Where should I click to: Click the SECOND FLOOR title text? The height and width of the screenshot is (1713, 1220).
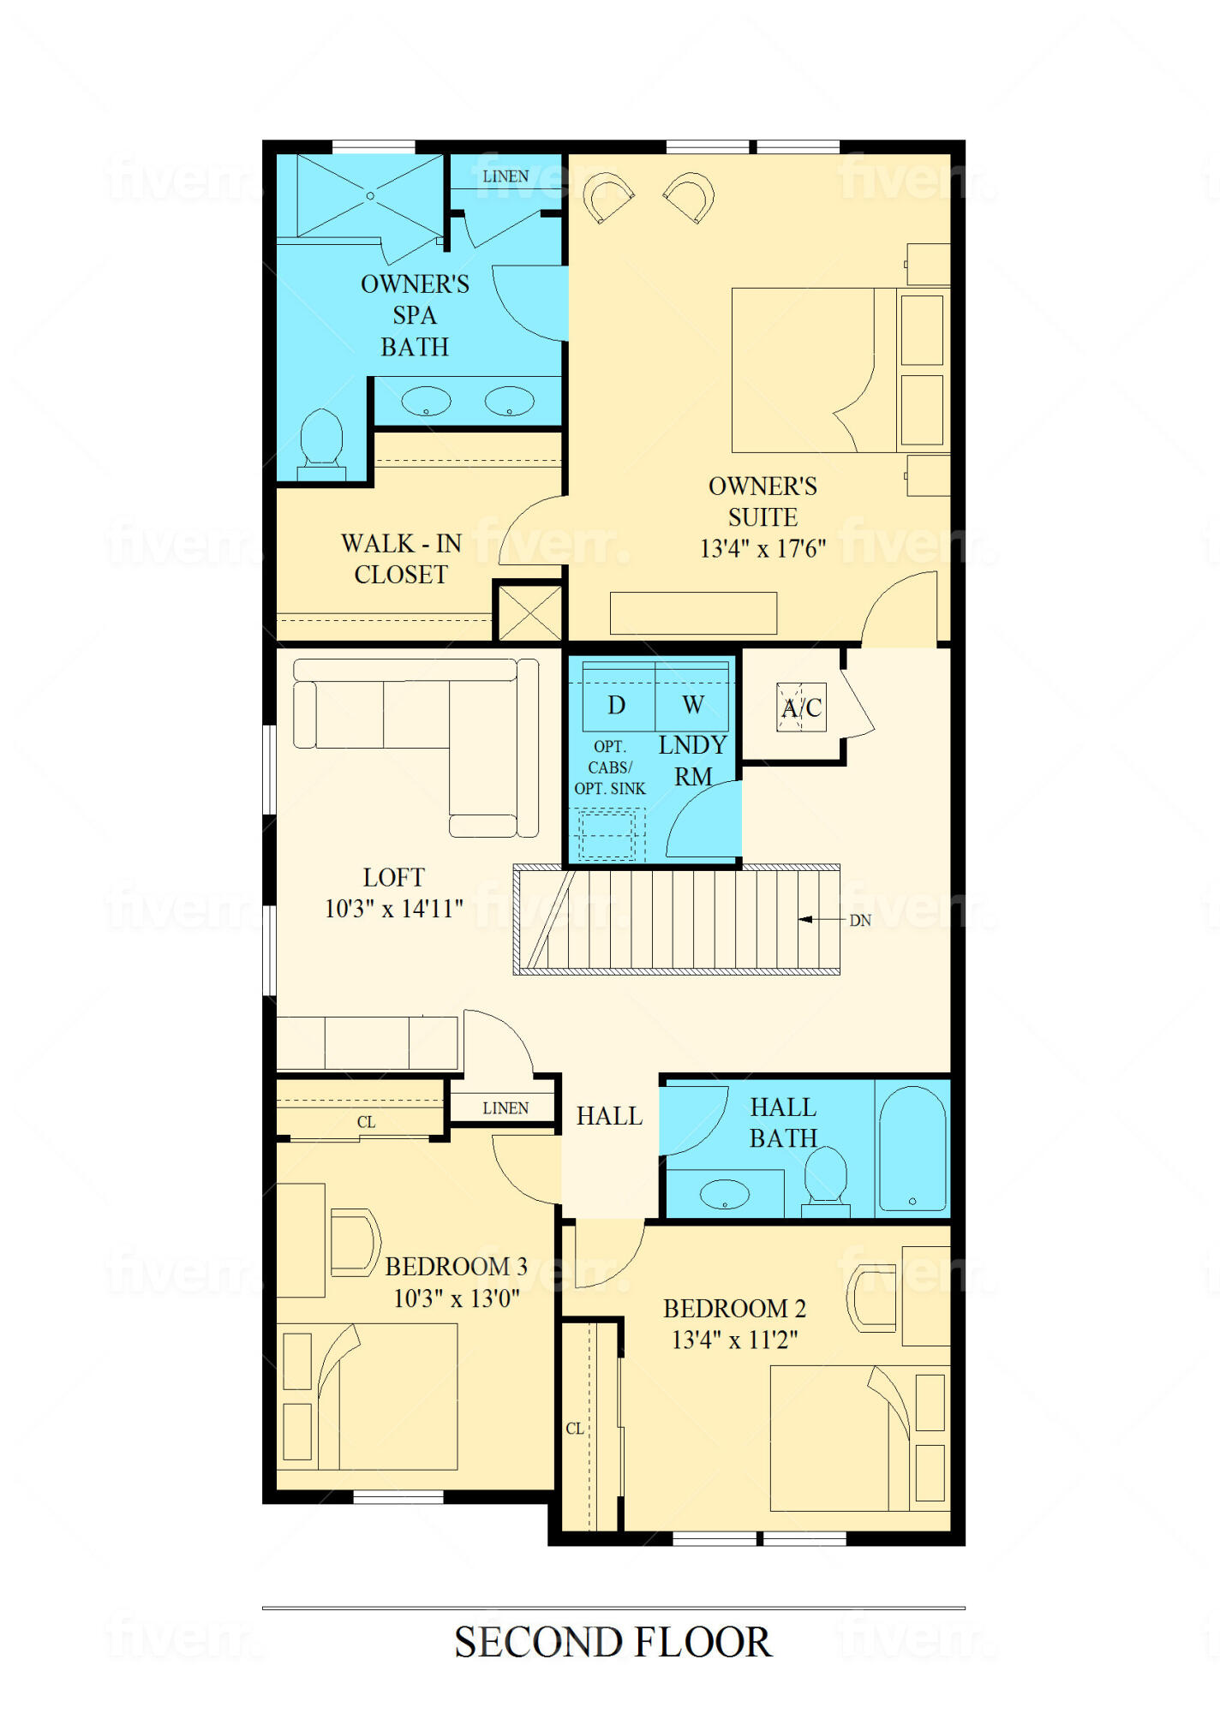[613, 1642]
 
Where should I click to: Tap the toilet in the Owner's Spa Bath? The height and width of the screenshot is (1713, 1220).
[321, 445]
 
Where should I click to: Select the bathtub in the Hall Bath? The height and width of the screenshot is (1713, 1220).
[912, 1148]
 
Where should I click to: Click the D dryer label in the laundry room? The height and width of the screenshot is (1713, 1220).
[616, 705]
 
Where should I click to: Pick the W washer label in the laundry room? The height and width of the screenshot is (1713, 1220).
[693, 705]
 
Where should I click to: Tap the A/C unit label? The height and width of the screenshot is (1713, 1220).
[802, 707]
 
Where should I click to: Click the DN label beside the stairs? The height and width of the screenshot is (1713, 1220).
[860, 921]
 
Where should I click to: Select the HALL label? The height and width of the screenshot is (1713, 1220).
[609, 1116]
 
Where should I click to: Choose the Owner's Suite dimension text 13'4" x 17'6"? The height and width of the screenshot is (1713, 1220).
[762, 548]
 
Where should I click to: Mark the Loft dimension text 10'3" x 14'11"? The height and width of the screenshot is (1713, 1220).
[394, 909]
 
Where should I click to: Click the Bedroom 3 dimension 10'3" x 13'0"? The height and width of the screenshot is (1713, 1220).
[457, 1298]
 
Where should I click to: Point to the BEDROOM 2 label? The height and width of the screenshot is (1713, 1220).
[734, 1309]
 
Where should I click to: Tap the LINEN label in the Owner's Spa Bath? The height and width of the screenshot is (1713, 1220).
[505, 176]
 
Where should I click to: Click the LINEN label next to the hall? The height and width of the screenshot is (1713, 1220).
[505, 1108]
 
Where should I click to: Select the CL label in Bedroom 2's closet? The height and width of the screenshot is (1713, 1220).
[575, 1429]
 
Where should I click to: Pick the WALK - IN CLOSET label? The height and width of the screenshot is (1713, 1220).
[401, 558]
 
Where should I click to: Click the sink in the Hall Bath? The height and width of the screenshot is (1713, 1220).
[725, 1194]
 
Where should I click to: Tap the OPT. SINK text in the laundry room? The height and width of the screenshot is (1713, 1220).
[610, 789]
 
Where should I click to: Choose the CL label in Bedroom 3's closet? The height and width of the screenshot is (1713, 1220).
[366, 1122]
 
